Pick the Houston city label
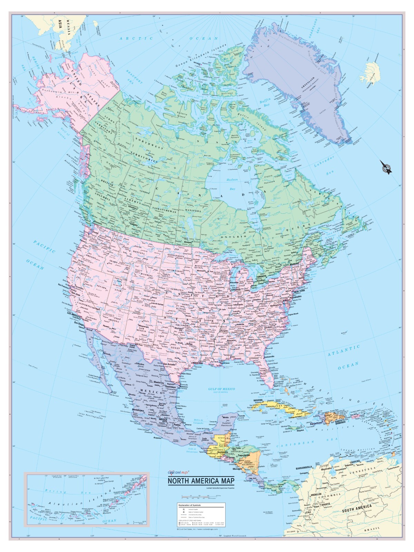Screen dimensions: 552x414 [197, 363]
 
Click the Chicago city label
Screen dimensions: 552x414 [238, 290]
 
